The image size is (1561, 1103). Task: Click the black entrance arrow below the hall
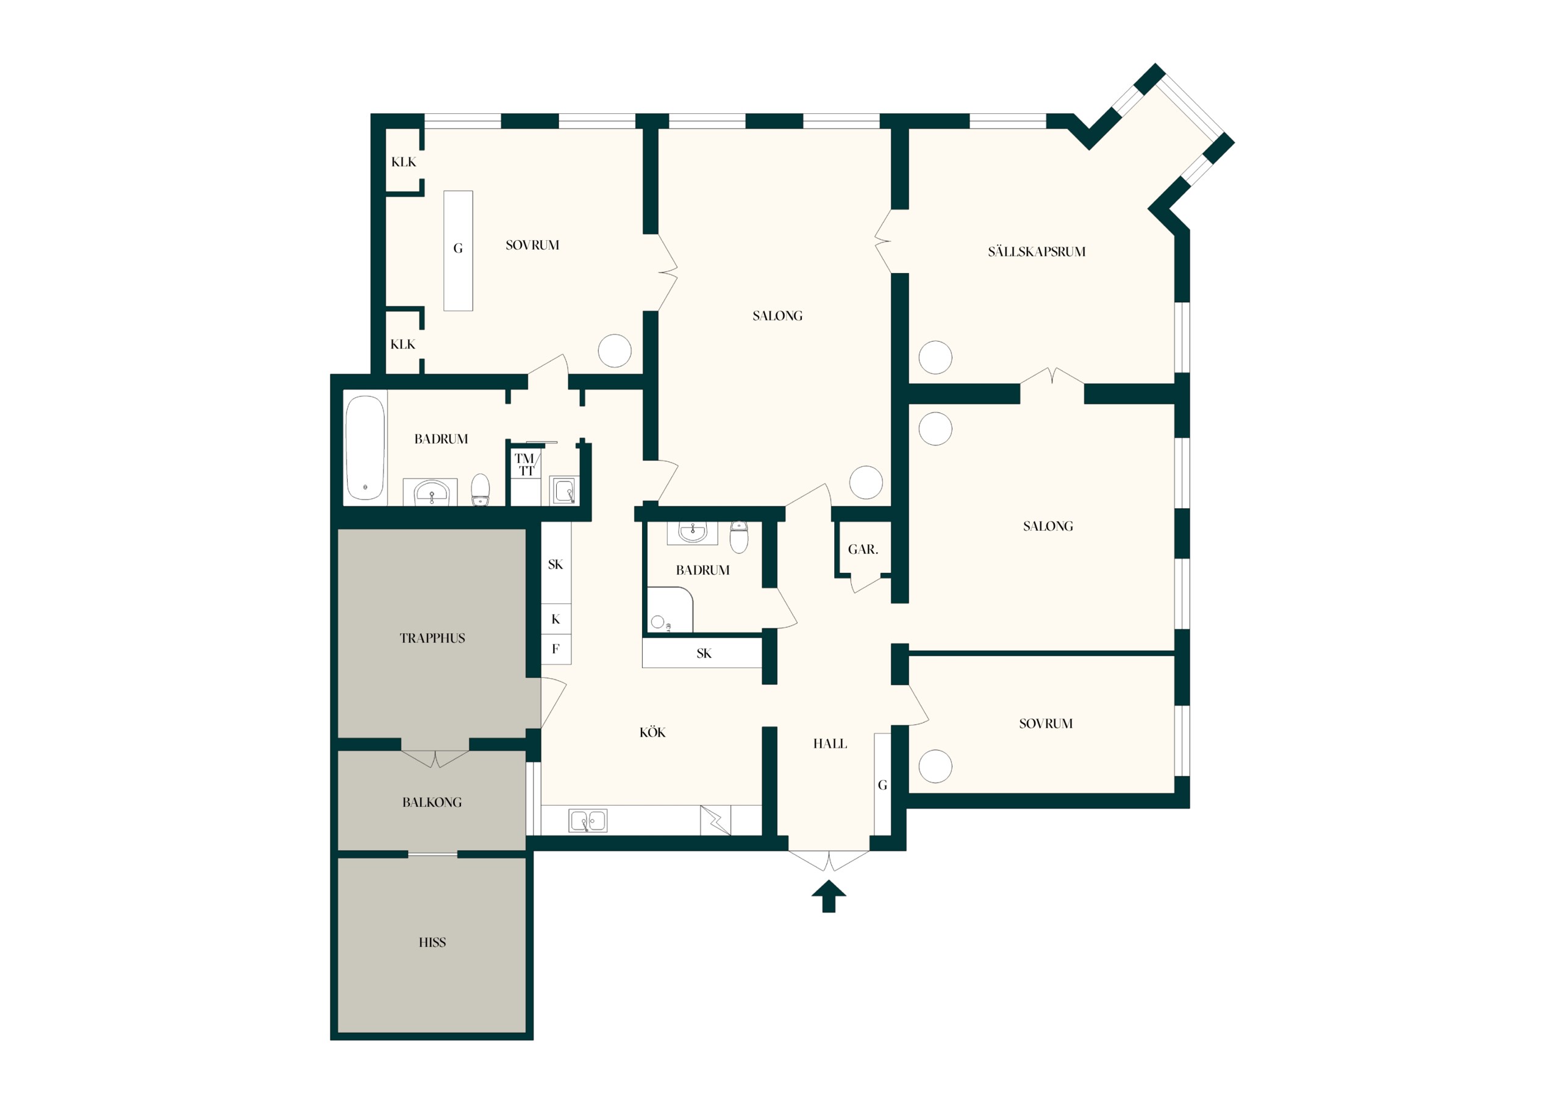point(828,897)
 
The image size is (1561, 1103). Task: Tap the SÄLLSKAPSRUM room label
point(1036,252)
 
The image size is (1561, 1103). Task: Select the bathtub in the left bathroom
point(365,447)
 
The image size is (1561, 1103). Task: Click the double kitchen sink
point(588,821)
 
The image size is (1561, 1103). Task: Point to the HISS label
point(432,942)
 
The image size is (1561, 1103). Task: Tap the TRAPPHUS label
point(432,638)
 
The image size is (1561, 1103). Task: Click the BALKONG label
point(432,803)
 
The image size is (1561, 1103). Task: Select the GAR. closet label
point(863,549)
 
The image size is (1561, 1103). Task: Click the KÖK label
point(652,732)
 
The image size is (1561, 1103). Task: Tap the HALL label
point(830,743)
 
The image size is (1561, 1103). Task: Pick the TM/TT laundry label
point(526,464)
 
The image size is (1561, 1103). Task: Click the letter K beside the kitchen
point(555,619)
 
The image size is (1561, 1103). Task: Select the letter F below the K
point(555,648)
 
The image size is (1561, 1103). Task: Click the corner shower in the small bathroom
point(669,609)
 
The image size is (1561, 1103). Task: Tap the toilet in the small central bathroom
point(739,537)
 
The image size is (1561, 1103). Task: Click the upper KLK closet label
point(404,161)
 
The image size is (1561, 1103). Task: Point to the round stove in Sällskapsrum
point(935,358)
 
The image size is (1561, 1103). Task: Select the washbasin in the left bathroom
point(431,491)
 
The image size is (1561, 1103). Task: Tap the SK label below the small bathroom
point(704,653)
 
